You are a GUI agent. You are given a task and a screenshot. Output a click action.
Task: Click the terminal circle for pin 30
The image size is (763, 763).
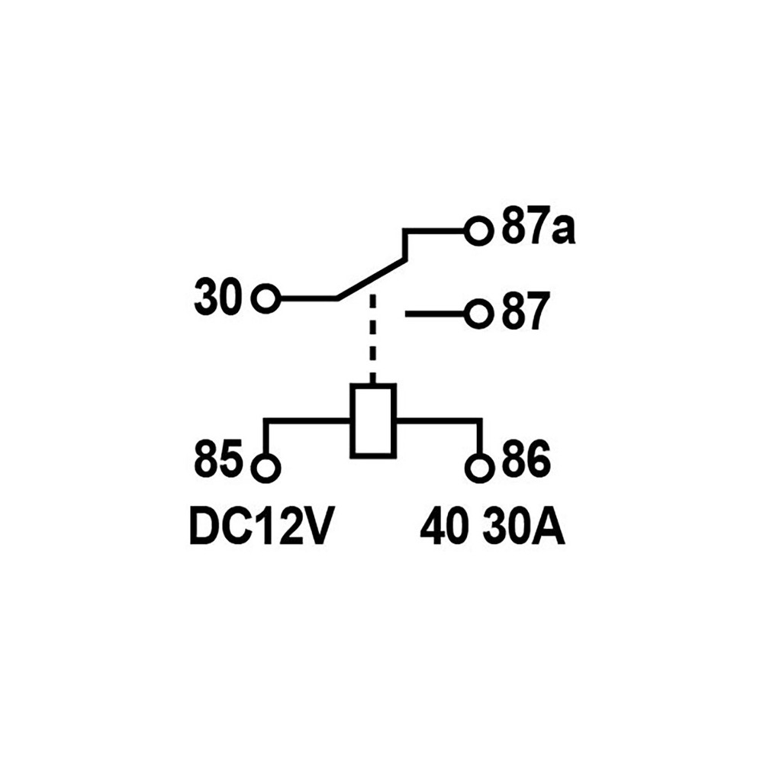coord(266,298)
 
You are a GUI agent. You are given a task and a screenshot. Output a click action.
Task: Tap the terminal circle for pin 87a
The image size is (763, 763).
coord(479,230)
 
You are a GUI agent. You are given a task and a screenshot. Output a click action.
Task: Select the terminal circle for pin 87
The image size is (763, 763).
coord(479,314)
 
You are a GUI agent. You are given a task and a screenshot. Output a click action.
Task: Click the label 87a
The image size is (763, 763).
coord(538,225)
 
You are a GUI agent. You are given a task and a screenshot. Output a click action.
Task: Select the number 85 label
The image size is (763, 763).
coord(217,459)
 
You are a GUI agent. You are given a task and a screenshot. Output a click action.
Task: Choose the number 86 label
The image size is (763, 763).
coord(526,459)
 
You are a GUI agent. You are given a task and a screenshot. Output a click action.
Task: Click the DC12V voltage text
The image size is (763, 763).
coord(260,527)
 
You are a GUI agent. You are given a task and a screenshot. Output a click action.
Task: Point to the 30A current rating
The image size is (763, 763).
coord(523,527)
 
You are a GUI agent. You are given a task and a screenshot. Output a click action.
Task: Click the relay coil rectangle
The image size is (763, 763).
coord(373,421)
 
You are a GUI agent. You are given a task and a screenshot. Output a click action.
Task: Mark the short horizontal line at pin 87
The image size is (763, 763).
coord(436,314)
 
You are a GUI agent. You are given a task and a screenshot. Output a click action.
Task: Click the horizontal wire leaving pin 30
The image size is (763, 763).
coord(308,298)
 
